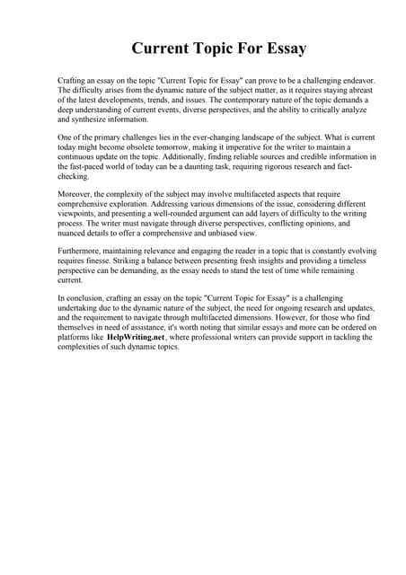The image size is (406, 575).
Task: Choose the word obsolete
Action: (x=163, y=147)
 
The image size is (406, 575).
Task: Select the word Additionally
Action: (x=157, y=157)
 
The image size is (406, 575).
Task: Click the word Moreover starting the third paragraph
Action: (x=77, y=195)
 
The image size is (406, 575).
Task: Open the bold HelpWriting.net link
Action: (x=136, y=338)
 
